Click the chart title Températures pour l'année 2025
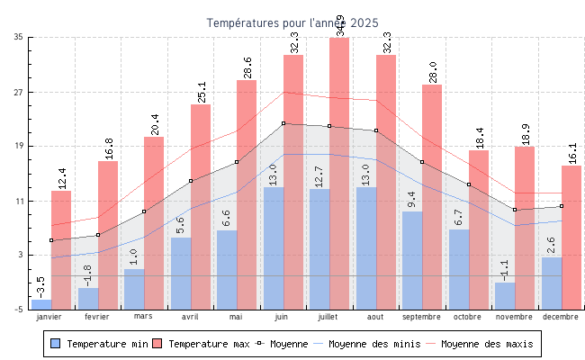tap(292, 22)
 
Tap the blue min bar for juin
tap(274, 247)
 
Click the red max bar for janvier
tap(61, 249)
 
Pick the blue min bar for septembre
tap(412, 260)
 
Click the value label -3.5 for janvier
tap(40, 287)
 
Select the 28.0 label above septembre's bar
tap(433, 72)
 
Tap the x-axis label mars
tap(144, 317)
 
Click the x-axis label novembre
tap(514, 317)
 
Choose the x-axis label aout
tap(376, 317)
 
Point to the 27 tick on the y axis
tap(19, 92)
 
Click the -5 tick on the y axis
tap(19, 310)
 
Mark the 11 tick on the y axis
tap(19, 201)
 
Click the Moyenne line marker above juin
tap(283, 123)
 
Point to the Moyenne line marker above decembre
tap(561, 206)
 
